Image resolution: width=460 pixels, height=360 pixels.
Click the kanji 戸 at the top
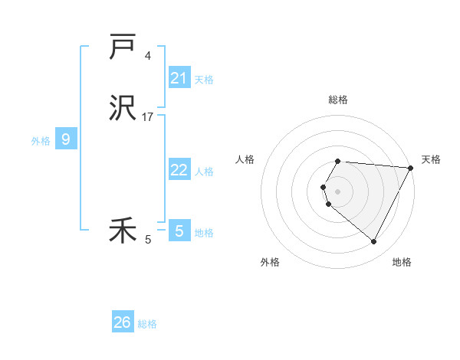click(123, 47)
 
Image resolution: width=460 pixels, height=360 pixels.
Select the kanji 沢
click(123, 110)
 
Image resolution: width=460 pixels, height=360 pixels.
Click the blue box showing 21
click(179, 78)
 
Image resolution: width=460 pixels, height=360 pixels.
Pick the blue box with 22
click(179, 170)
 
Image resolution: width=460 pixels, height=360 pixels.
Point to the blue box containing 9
click(66, 139)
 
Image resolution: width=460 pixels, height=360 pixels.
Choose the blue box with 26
click(123, 322)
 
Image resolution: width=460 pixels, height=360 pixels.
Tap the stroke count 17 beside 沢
click(148, 117)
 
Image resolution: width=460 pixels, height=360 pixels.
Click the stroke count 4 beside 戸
click(147, 55)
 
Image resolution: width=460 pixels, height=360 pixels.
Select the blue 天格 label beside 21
click(204, 79)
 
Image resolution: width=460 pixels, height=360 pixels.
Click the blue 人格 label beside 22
click(204, 172)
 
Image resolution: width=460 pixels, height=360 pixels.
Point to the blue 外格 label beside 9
click(41, 141)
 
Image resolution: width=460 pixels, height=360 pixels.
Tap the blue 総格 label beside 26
click(147, 324)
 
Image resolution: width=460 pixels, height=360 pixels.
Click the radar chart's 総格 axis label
click(338, 100)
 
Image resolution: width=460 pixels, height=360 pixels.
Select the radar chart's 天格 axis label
click(431, 159)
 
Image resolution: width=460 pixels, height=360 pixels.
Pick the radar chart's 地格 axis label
click(402, 262)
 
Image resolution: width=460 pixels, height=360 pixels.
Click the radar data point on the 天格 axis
click(411, 168)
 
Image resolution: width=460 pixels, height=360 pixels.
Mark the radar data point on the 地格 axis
click(374, 242)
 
